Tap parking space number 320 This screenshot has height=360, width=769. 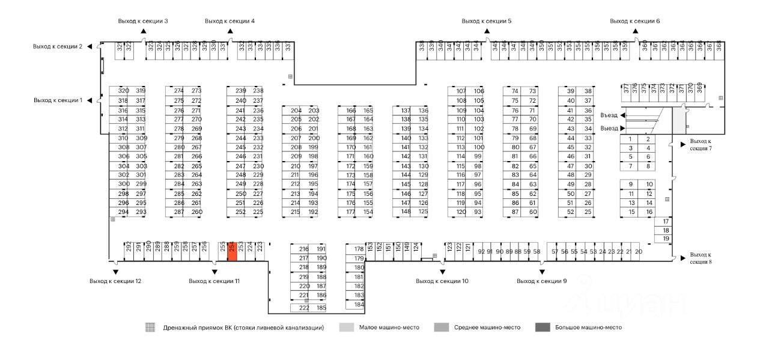[123, 91]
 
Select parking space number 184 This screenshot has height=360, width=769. [359, 305]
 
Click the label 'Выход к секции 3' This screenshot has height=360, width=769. [143, 21]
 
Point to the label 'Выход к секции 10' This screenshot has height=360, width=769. [442, 281]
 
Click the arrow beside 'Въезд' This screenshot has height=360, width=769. [623, 115]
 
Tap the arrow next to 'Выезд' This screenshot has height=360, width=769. [623, 128]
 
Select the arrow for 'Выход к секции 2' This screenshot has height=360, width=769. [90, 46]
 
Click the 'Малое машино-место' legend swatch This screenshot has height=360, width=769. [347, 328]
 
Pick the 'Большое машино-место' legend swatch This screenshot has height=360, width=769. [543, 328]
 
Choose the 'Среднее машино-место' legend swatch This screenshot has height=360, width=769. [442, 328]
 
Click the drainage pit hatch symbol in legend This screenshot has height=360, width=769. [150, 328]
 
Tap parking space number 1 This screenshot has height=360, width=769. [630, 139]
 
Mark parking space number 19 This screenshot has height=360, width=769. [666, 239]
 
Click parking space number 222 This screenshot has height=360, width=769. [304, 308]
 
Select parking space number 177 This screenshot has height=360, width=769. [351, 212]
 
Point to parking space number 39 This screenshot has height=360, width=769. [571, 91]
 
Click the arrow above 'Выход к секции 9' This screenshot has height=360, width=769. [542, 271]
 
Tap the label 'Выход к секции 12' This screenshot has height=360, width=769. [115, 281]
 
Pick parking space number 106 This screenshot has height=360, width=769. [479, 91]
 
